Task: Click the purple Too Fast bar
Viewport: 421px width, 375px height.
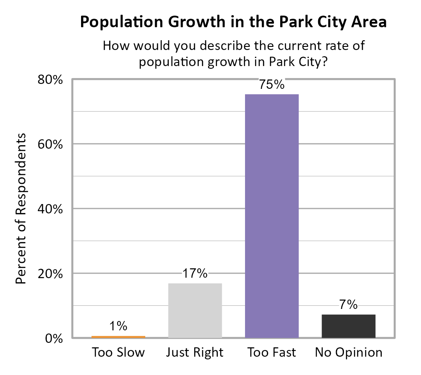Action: [272, 216]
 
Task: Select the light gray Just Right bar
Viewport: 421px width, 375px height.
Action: [195, 311]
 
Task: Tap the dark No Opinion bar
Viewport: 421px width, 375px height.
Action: [348, 326]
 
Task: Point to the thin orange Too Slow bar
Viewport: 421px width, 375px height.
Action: [119, 337]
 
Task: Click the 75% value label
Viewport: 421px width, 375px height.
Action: [272, 85]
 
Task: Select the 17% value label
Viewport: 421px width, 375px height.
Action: [195, 274]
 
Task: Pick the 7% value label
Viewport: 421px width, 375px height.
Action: [348, 305]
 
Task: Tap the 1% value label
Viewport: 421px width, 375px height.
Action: [119, 325]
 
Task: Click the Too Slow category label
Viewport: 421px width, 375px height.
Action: [119, 353]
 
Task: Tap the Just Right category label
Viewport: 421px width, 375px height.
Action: [195, 353]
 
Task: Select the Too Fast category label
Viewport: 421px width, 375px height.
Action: [272, 353]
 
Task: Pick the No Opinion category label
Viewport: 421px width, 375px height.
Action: [348, 353]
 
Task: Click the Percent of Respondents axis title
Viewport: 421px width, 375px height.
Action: [21, 208]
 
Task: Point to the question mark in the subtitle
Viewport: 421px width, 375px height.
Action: [325, 62]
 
